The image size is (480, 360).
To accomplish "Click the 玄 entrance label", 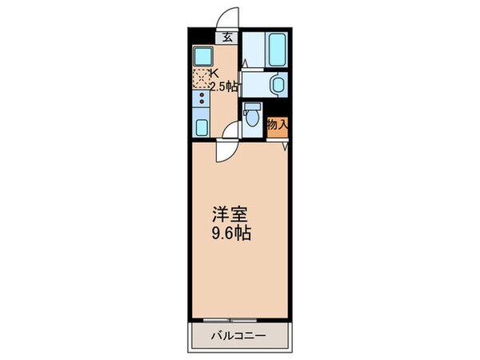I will (228, 36).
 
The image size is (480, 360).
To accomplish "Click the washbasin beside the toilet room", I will (278, 84).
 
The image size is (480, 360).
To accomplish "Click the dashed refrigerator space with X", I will (201, 78).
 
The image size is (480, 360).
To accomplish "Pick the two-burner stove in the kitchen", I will (201, 102).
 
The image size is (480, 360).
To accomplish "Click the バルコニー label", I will (238, 334).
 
